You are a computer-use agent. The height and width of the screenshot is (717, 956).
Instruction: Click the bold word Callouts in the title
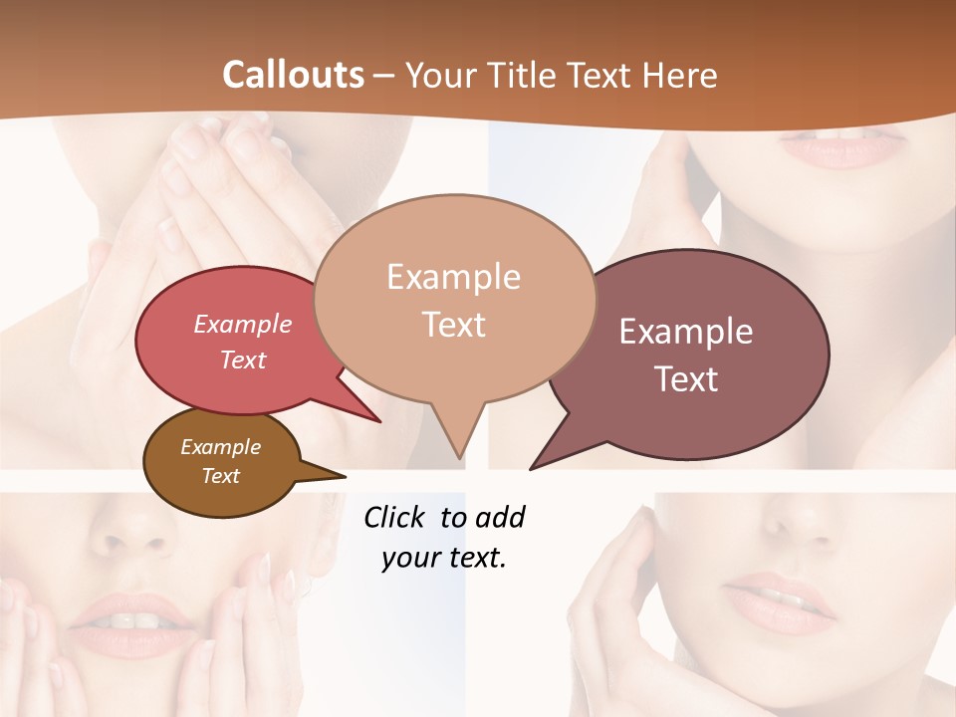click(293, 75)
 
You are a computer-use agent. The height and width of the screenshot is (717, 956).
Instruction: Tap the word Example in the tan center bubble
click(453, 277)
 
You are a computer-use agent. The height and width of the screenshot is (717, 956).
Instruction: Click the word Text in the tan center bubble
click(453, 325)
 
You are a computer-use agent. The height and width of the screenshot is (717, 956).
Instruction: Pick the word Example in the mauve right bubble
click(686, 332)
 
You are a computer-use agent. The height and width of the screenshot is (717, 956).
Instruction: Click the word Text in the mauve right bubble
click(686, 379)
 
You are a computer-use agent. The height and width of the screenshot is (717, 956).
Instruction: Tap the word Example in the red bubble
click(243, 325)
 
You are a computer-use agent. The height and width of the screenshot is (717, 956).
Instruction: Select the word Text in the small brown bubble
click(221, 476)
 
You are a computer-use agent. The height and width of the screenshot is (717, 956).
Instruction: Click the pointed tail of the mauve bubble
click(536, 465)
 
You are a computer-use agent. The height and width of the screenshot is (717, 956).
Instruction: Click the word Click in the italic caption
click(395, 517)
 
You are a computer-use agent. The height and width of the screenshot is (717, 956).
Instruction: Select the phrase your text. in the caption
click(444, 558)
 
